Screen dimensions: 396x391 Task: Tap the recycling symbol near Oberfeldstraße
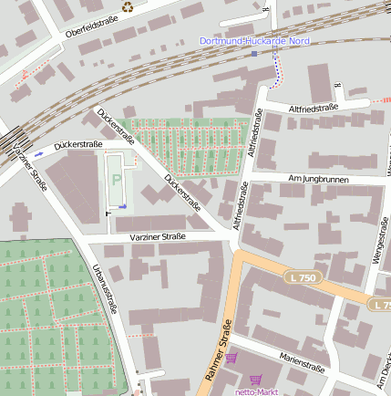(x=128, y=7)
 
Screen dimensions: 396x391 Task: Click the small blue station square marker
(x=254, y=54)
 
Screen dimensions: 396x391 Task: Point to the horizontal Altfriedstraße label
(x=313, y=109)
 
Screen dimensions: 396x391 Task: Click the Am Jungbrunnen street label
(x=318, y=180)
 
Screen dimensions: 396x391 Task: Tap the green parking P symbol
(x=116, y=180)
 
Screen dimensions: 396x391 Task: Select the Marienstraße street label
(x=303, y=362)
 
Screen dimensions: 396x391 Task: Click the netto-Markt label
(x=258, y=391)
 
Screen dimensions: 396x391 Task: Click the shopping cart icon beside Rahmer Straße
(x=232, y=359)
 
